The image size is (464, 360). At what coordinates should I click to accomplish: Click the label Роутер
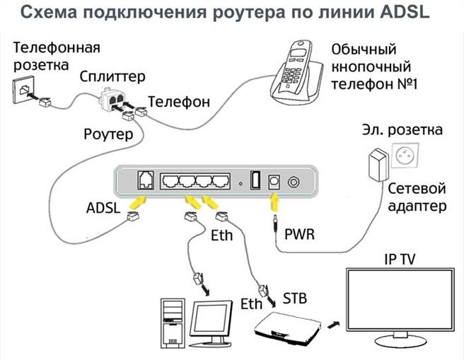tap(108, 134)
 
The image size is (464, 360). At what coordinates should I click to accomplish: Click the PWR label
tap(300, 231)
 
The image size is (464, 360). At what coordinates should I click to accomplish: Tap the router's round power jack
tap(292, 181)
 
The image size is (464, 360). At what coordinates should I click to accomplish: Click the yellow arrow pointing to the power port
tap(273, 203)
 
